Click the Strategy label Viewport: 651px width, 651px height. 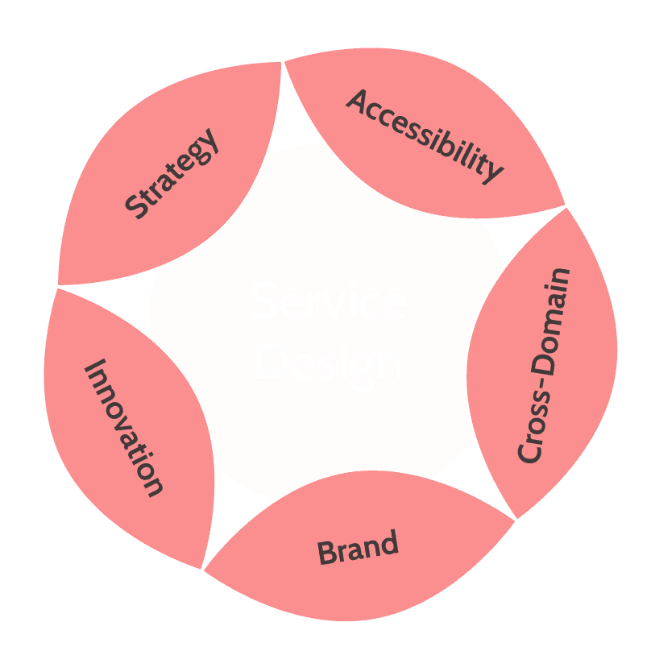tap(172, 173)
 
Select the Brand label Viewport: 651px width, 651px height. tap(358, 549)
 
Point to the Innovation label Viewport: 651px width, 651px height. tap(124, 427)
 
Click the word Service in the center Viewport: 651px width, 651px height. tap(328, 302)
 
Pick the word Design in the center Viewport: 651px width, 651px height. tap(328, 363)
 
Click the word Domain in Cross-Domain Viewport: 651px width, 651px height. tap(550, 322)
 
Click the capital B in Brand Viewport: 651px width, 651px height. tap(327, 554)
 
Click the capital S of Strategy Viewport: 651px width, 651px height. tap(137, 207)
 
